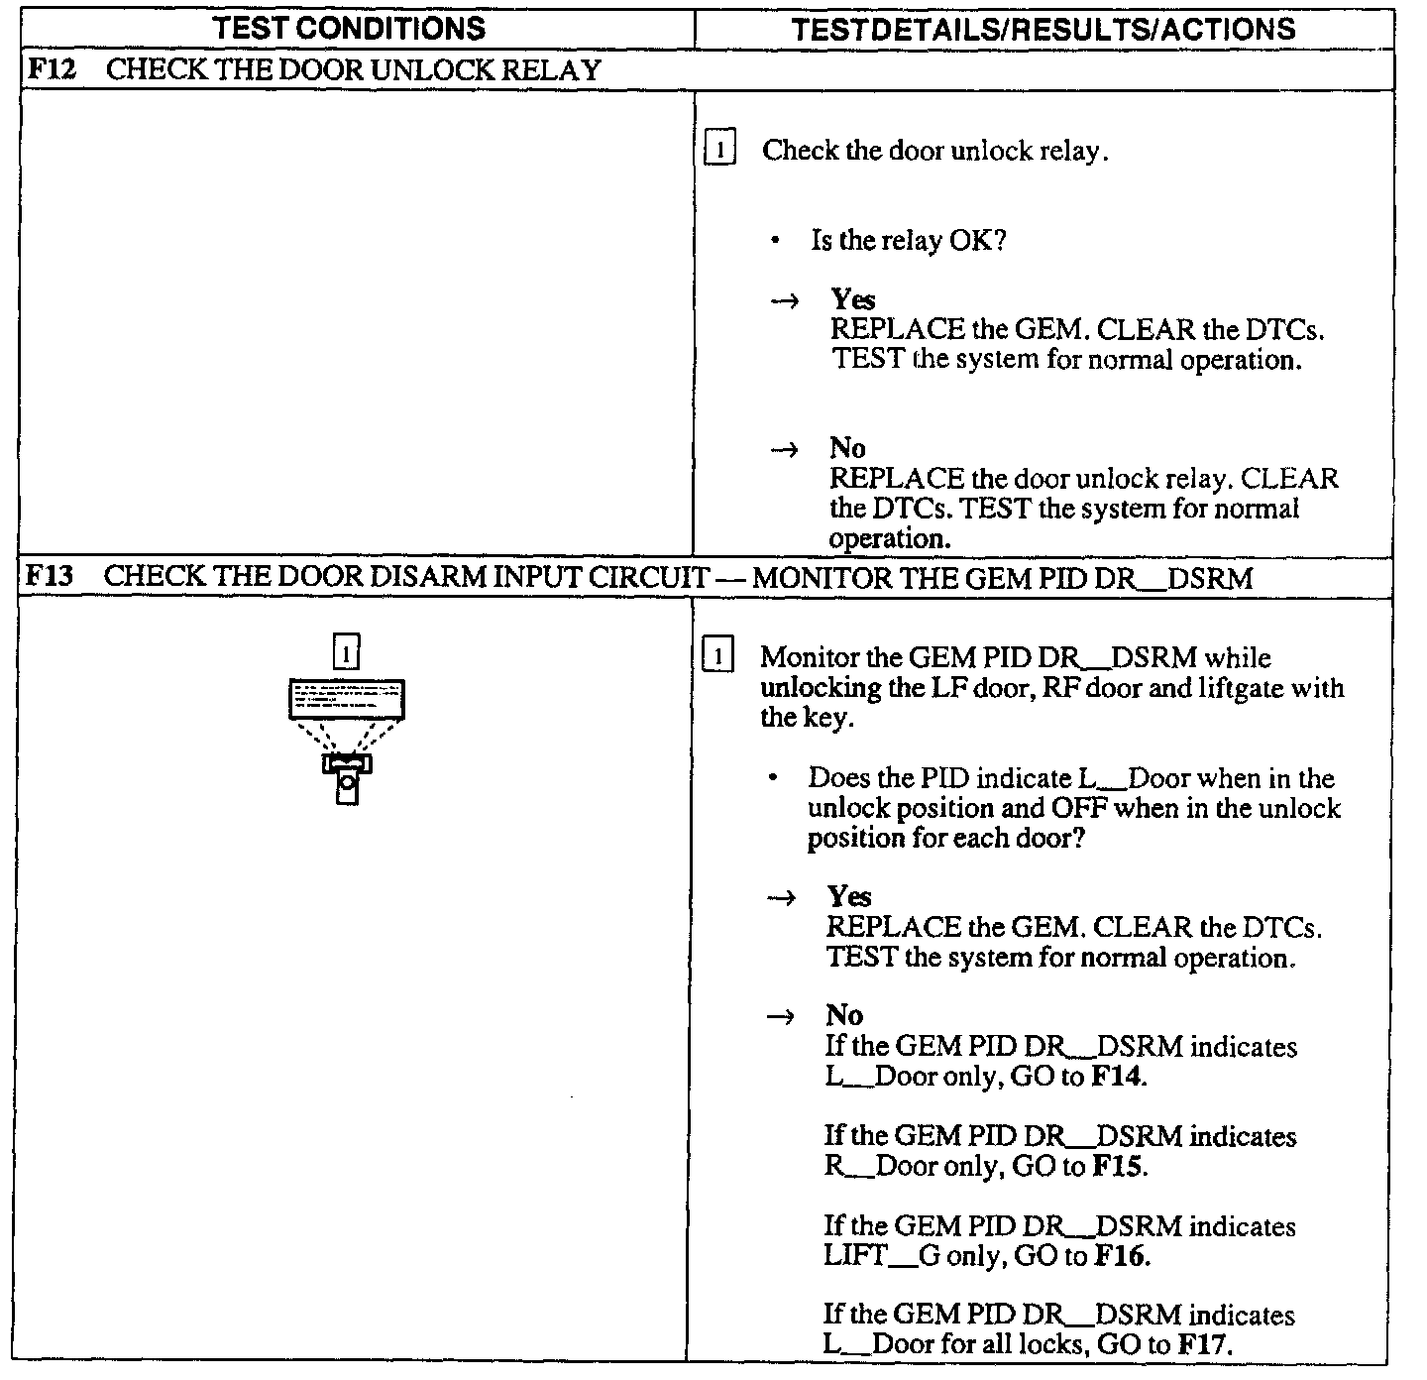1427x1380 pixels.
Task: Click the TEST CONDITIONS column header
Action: click(x=350, y=28)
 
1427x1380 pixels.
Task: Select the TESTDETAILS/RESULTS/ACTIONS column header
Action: click(x=1043, y=30)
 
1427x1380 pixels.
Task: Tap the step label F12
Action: click(x=50, y=70)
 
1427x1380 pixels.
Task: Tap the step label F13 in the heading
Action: click(x=50, y=577)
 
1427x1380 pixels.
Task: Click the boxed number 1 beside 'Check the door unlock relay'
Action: click(x=719, y=151)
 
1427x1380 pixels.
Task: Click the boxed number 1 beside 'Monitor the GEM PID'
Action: click(x=717, y=656)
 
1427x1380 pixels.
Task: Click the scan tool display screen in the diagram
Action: click(x=346, y=698)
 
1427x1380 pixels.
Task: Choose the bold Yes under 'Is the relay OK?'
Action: click(x=853, y=298)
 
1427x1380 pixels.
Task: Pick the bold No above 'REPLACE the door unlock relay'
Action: click(x=847, y=448)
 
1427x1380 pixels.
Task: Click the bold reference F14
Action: click(x=1118, y=1077)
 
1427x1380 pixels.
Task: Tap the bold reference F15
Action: click(x=1118, y=1167)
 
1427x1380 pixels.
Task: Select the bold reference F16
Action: click(x=1121, y=1257)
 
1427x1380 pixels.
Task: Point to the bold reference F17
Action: click(x=1202, y=1345)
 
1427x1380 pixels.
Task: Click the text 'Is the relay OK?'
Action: click(x=908, y=241)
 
